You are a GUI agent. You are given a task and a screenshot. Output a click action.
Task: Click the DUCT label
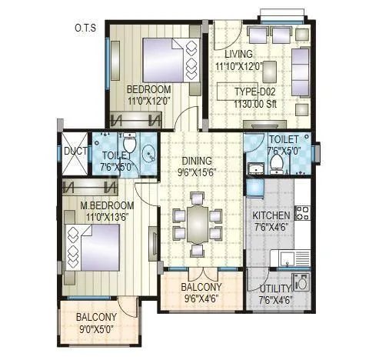(75, 151)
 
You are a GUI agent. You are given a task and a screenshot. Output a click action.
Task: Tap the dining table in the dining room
(198, 222)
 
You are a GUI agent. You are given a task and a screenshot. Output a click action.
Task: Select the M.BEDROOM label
(108, 205)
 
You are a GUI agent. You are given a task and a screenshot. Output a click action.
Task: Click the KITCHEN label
(272, 215)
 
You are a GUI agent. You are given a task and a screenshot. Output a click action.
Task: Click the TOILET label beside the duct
(112, 155)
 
